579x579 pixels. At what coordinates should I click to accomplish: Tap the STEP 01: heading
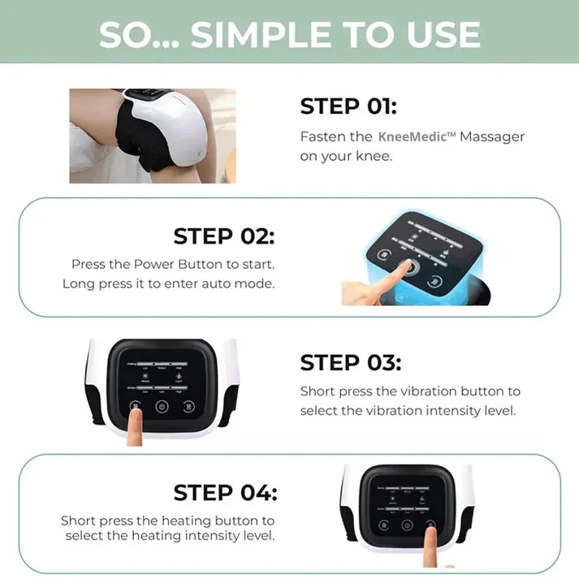pos(348,106)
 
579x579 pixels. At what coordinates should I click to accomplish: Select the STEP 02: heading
pos(224,236)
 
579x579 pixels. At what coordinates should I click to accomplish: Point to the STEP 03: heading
pos(350,362)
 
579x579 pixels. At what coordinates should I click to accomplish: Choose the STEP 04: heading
pos(225,492)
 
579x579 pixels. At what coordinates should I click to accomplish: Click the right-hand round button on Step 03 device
pos(189,407)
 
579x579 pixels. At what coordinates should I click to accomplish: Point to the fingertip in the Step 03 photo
pos(135,417)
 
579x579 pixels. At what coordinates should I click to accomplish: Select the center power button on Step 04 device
pos(407,525)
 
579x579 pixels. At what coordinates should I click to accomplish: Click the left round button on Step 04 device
pos(382,525)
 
